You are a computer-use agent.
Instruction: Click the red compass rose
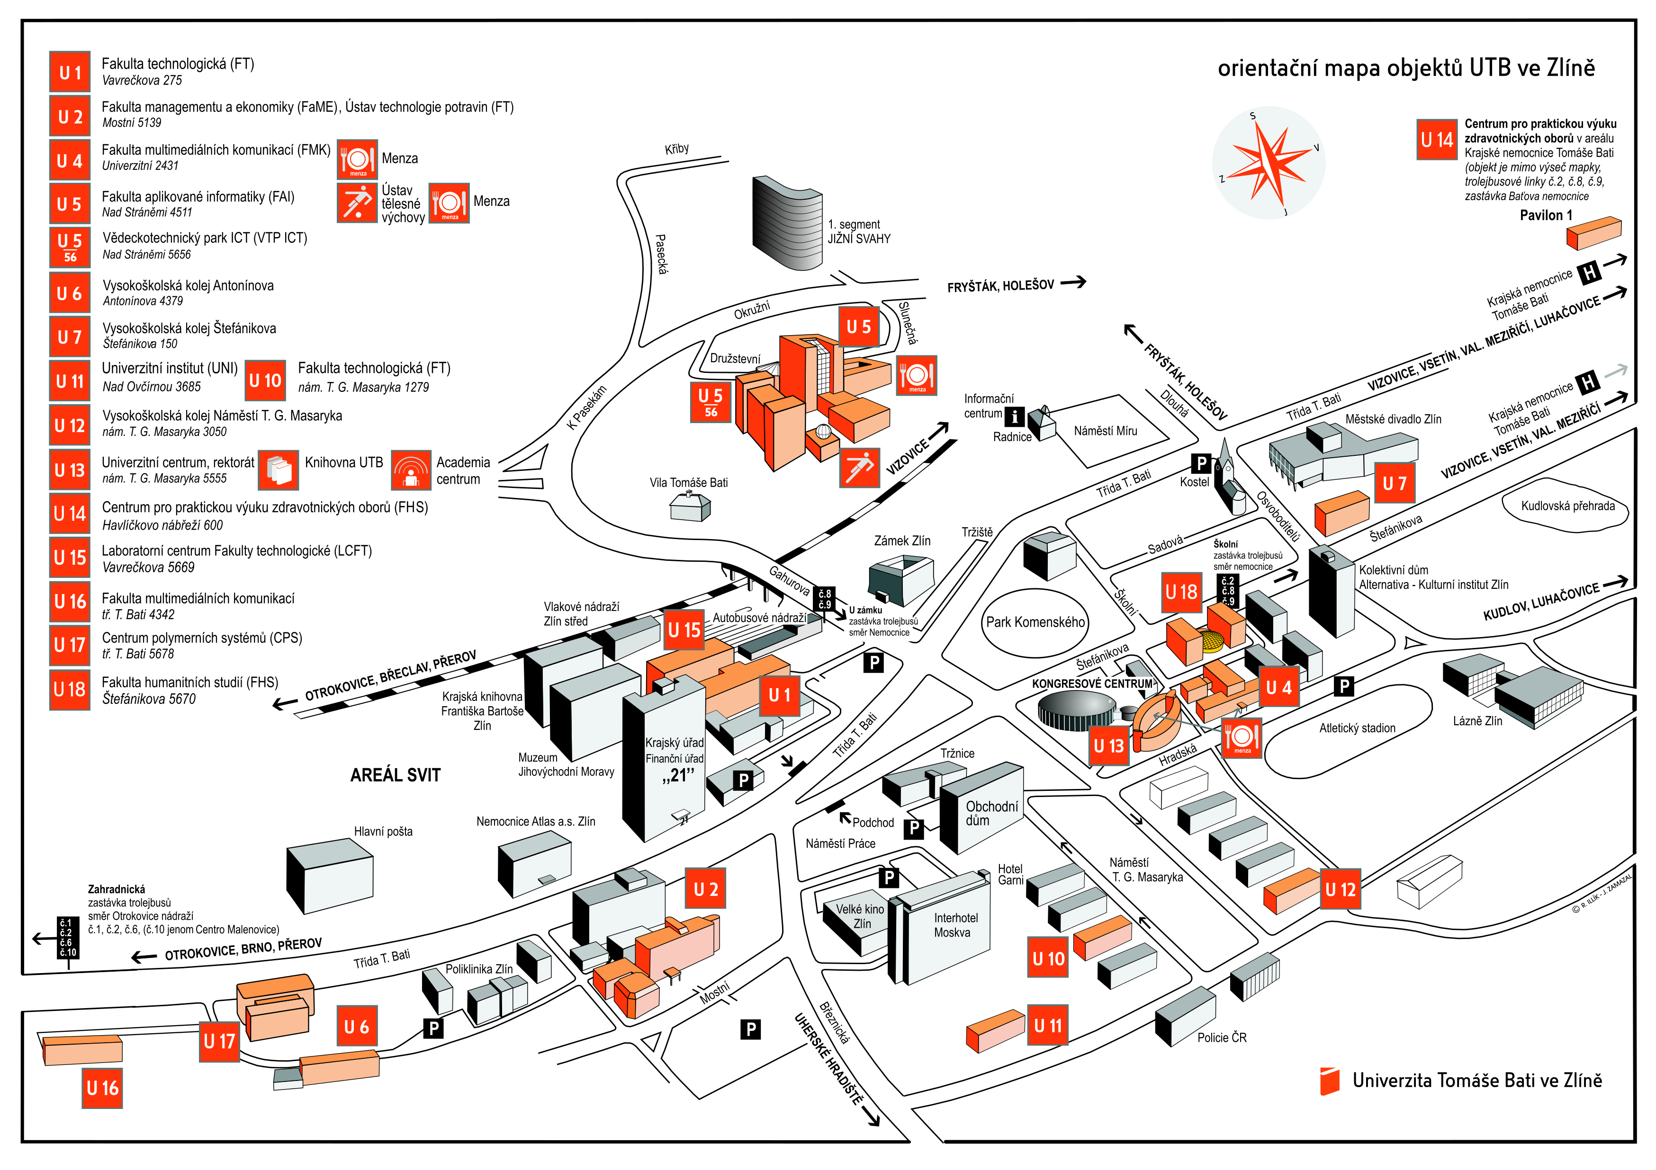[1268, 163]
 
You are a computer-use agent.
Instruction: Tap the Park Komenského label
[1035, 622]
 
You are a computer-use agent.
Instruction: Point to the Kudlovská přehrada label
[1567, 506]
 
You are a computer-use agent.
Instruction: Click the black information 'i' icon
[1014, 416]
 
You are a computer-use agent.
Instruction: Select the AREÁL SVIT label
[395, 775]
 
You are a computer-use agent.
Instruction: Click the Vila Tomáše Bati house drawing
[690, 507]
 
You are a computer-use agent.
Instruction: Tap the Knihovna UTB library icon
[279, 470]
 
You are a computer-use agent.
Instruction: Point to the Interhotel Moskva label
[954, 925]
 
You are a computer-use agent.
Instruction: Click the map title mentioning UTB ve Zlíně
[1406, 68]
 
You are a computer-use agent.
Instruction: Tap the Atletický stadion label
[1357, 728]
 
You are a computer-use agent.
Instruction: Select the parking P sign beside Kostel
[1200, 463]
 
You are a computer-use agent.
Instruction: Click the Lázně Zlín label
[1477, 721]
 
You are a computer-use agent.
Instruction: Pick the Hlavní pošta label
[383, 831]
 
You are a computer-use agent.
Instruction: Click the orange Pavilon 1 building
[1593, 233]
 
